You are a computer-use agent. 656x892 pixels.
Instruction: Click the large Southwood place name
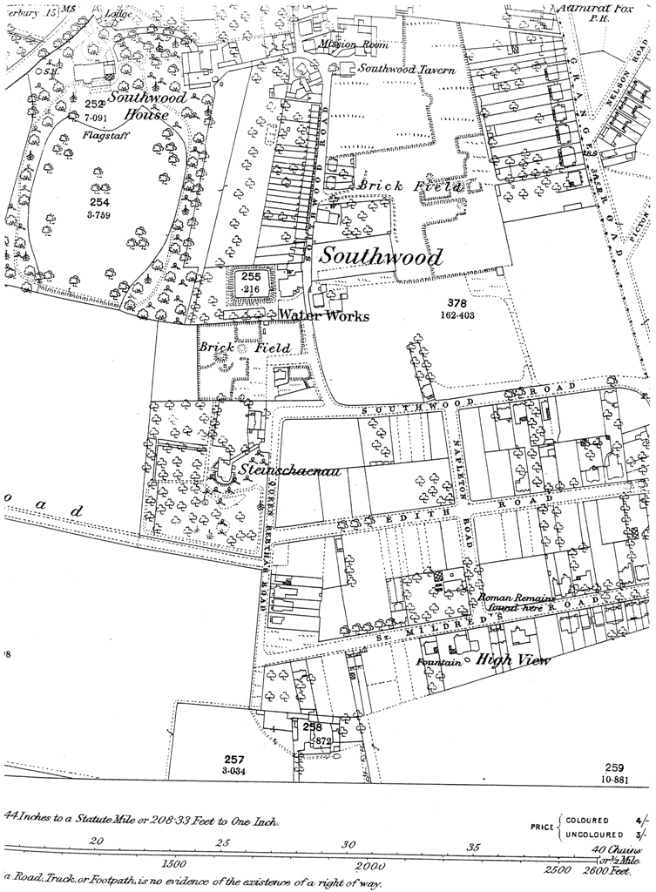click(381, 257)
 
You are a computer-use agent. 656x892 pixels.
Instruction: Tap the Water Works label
click(323, 315)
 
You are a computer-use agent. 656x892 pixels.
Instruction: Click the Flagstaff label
click(101, 136)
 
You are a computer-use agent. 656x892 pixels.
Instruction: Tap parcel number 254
click(102, 201)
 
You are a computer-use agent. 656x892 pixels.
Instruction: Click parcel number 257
click(234, 759)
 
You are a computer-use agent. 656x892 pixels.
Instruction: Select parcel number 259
click(615, 767)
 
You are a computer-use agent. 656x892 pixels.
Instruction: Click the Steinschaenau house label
click(288, 471)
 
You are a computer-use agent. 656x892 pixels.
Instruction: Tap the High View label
click(514, 660)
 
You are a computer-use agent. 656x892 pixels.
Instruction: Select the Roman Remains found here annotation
click(511, 604)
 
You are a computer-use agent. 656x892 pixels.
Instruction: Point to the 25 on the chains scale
click(224, 842)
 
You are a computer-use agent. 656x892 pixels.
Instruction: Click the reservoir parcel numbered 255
click(252, 276)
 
